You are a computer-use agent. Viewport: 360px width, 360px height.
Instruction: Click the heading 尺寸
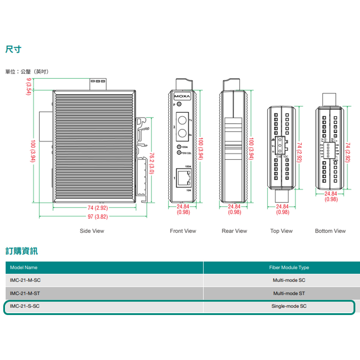coord(13,49)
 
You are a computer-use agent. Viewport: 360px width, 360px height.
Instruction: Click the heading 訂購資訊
coord(22,251)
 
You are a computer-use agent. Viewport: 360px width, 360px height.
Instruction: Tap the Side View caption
coord(92,231)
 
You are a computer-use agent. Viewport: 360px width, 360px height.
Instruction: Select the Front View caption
coord(183,231)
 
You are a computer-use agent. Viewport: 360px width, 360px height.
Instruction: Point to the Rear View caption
coord(234,231)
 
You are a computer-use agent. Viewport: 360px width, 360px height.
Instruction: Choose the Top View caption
coord(282,231)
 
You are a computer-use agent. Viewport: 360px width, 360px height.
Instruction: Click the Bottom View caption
coord(330,231)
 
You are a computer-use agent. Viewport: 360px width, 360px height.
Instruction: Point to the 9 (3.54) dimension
coord(29,86)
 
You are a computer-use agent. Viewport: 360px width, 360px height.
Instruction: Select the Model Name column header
coord(24,267)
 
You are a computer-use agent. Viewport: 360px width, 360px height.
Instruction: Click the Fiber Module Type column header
coord(289,267)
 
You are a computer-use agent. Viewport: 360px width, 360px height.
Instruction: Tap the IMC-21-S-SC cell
coord(23,307)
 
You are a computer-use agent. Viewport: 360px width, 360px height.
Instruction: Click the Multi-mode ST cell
coord(289,293)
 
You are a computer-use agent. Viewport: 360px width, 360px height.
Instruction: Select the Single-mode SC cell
coord(289,307)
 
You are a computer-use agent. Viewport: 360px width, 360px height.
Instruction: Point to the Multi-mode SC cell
coord(289,280)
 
